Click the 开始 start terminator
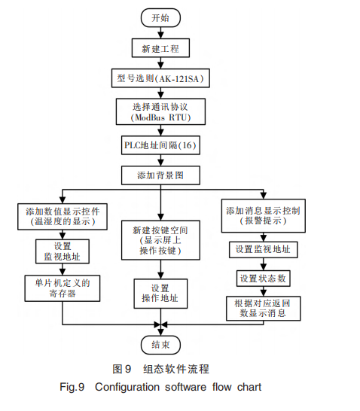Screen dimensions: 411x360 click(160, 17)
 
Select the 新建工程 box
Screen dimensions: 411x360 click(160, 49)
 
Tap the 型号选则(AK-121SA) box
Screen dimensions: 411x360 click(160, 78)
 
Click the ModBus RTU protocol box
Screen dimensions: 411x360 click(160, 111)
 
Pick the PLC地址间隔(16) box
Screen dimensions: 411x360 click(160, 145)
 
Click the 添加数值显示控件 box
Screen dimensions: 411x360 click(63, 216)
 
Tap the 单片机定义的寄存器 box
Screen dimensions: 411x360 click(63, 288)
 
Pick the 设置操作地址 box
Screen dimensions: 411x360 click(160, 294)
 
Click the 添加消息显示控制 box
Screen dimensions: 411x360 click(263, 215)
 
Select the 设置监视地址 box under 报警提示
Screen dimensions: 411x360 click(263, 249)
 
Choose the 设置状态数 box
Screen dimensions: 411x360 click(263, 279)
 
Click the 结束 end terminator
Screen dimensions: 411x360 click(160, 345)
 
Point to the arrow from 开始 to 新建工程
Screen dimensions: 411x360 click(160, 32)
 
